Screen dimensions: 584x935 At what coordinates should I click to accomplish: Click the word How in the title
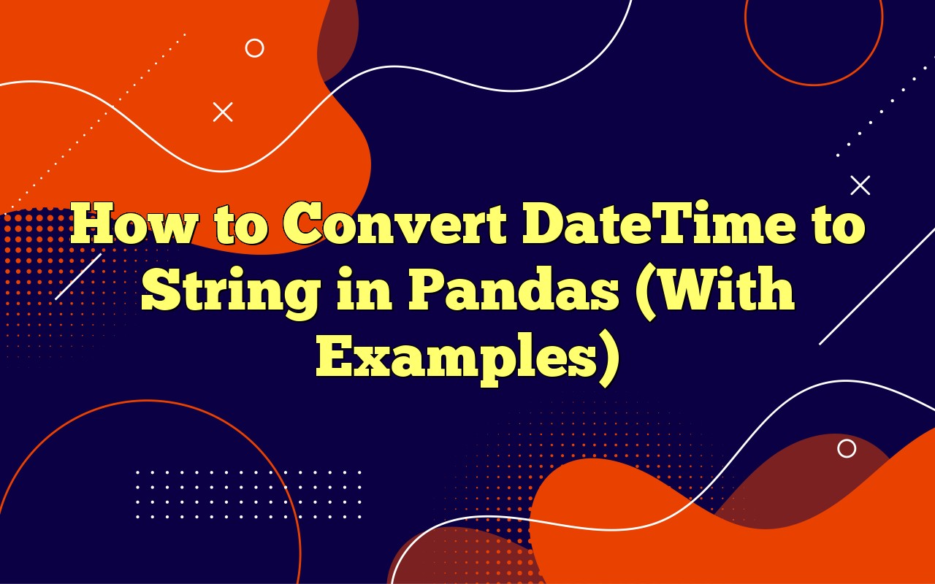(x=133, y=225)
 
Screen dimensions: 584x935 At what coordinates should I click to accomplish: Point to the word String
(x=229, y=291)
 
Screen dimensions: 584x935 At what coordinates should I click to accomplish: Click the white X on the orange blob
(x=223, y=112)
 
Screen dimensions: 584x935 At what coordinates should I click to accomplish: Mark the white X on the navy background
(x=860, y=185)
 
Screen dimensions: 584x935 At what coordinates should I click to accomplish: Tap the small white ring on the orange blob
(x=254, y=48)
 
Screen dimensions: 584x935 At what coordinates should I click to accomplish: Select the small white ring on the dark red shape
(x=847, y=448)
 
